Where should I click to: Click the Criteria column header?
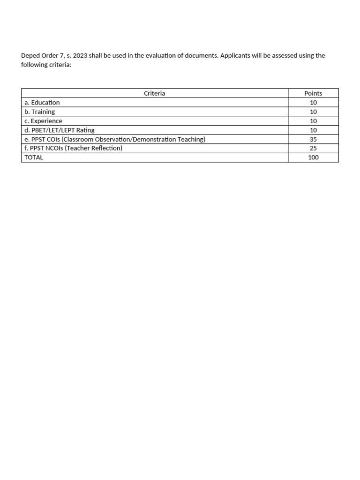click(154, 93)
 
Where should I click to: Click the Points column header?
click(313, 93)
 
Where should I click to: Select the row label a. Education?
click(42, 103)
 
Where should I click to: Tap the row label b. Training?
click(40, 112)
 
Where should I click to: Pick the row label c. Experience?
click(43, 121)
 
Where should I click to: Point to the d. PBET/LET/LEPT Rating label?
click(60, 130)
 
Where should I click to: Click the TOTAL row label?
click(34, 157)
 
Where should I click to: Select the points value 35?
click(313, 139)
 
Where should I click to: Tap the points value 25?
click(313, 148)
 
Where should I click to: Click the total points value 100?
click(313, 157)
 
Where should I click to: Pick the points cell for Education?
click(313, 103)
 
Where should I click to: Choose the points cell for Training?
click(313, 112)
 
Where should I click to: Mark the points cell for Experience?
click(313, 121)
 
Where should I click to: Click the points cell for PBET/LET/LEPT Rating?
click(313, 130)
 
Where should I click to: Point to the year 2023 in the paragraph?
click(80, 56)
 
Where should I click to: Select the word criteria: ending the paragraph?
click(59, 65)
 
